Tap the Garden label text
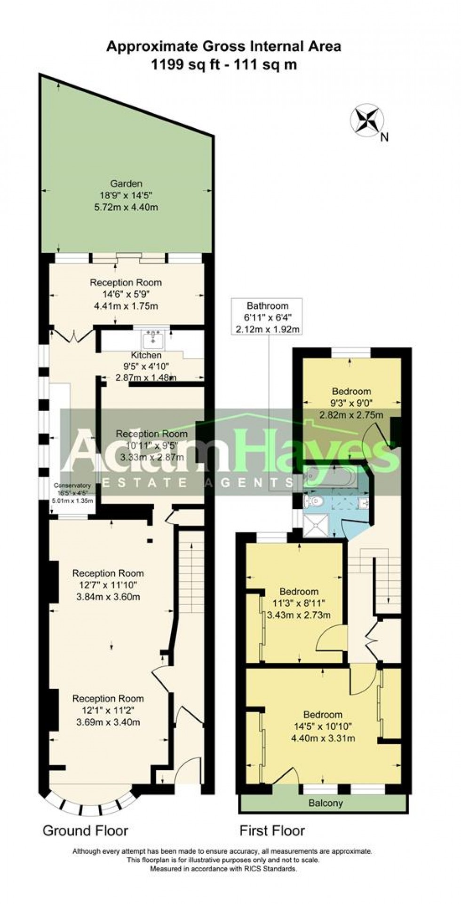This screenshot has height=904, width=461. point(126,184)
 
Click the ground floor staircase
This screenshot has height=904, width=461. point(191,573)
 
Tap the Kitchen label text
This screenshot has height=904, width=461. point(146,355)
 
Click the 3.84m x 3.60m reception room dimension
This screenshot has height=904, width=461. point(108,597)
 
